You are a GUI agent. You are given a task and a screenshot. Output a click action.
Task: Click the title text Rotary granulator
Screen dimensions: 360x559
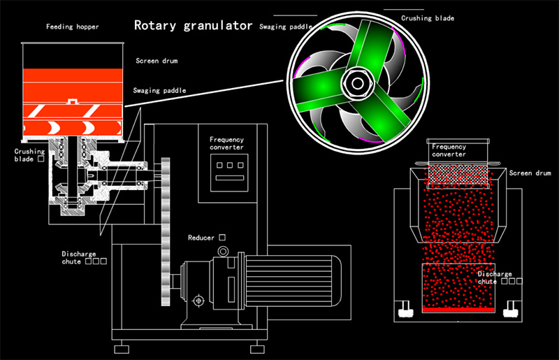click(x=193, y=27)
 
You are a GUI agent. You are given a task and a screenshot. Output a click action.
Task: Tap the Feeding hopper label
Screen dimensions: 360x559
click(x=73, y=27)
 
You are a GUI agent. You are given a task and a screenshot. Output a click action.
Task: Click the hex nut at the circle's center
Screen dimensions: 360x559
click(x=357, y=83)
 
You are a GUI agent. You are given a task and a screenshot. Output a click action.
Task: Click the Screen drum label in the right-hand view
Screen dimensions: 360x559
click(x=530, y=173)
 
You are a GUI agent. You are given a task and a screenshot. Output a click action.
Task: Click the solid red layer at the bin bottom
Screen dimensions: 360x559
click(x=458, y=308)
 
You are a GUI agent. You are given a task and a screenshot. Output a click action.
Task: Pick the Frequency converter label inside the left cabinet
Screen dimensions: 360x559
click(x=227, y=143)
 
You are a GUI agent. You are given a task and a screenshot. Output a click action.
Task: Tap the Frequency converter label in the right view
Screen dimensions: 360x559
click(x=449, y=150)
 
